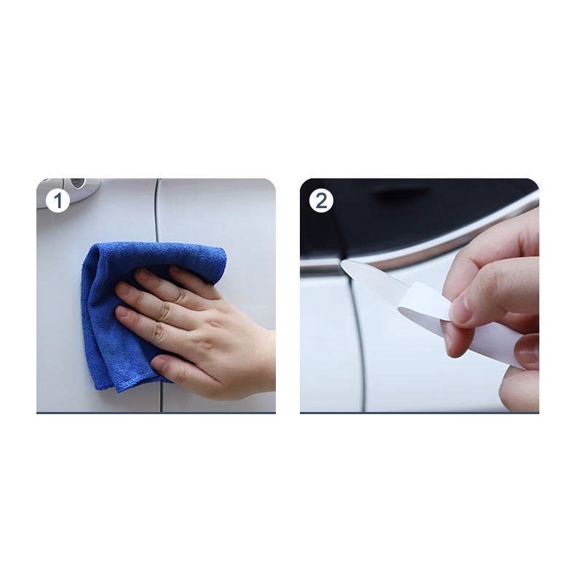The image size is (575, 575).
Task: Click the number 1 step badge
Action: (58, 201)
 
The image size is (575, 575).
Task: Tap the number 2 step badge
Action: (321, 201)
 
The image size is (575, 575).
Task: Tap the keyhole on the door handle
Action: (77, 183)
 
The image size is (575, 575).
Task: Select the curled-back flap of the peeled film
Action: (425, 301)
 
